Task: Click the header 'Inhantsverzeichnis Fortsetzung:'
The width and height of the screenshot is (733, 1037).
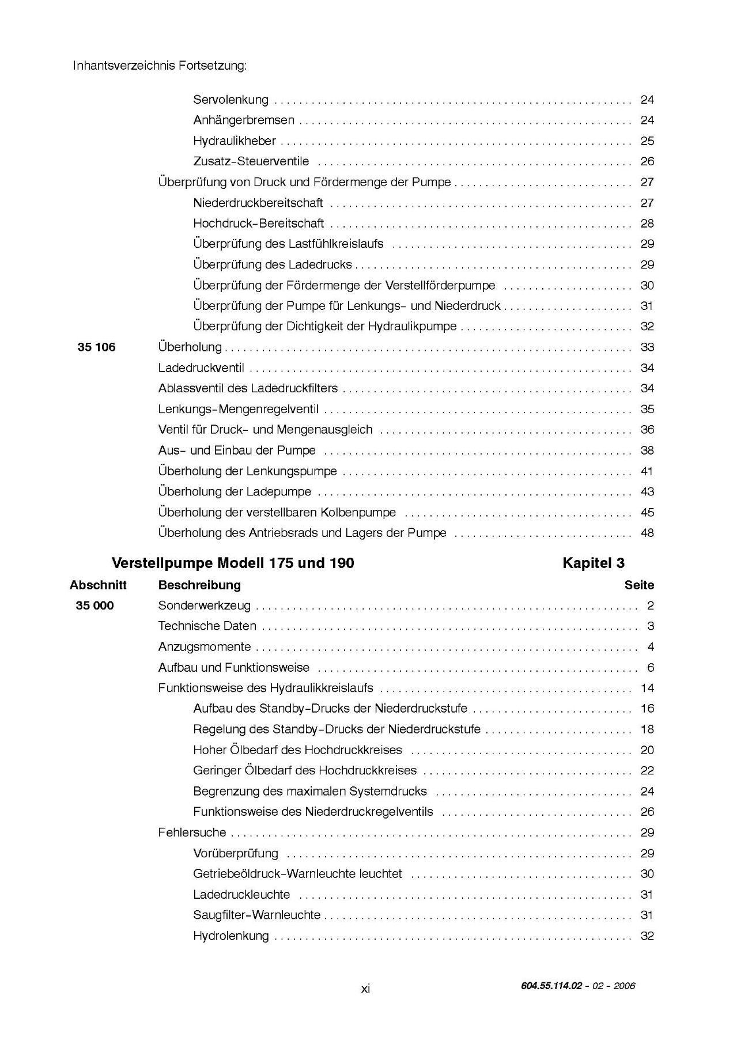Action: [x=160, y=66]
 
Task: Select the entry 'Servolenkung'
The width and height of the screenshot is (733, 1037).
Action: [x=231, y=100]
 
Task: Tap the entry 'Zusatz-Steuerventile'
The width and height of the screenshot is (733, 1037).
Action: [x=251, y=161]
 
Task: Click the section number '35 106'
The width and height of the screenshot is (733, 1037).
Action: [x=96, y=347]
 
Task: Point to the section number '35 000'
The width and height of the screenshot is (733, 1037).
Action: [x=95, y=605]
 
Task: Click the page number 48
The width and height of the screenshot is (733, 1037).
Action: [x=647, y=533]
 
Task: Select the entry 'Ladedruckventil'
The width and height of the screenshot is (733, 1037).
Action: [x=201, y=368]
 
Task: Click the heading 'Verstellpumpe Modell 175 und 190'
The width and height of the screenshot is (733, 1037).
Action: [x=233, y=563]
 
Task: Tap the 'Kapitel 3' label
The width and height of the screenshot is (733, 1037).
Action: [x=593, y=563]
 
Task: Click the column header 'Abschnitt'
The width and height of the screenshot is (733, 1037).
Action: [x=98, y=585]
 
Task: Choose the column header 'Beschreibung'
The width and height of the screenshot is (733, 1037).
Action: [x=199, y=585]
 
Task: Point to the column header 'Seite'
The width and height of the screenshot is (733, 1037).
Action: [x=639, y=585]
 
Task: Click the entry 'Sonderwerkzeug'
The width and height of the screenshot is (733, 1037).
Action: [x=204, y=605]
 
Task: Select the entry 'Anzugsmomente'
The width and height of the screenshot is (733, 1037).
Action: [x=205, y=647]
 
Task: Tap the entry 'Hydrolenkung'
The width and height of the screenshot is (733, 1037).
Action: [x=231, y=936]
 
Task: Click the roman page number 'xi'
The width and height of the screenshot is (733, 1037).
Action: [x=365, y=989]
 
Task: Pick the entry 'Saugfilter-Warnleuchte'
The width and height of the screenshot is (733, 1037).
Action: [x=256, y=915]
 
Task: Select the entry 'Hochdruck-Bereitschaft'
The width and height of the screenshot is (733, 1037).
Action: [x=258, y=224]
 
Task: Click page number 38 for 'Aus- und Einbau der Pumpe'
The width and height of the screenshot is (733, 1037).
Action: [x=647, y=451]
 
